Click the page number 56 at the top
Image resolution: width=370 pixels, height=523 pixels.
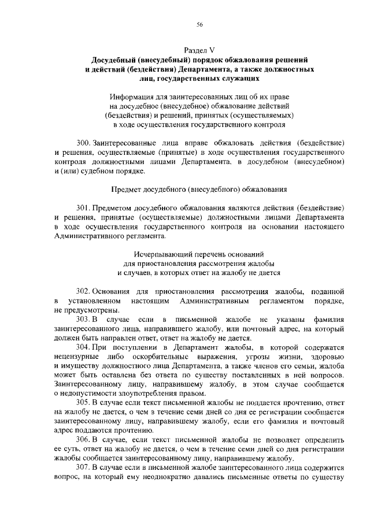199,24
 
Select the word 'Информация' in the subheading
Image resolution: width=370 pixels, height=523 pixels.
134,96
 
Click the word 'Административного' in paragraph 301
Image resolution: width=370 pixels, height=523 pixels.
94,235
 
